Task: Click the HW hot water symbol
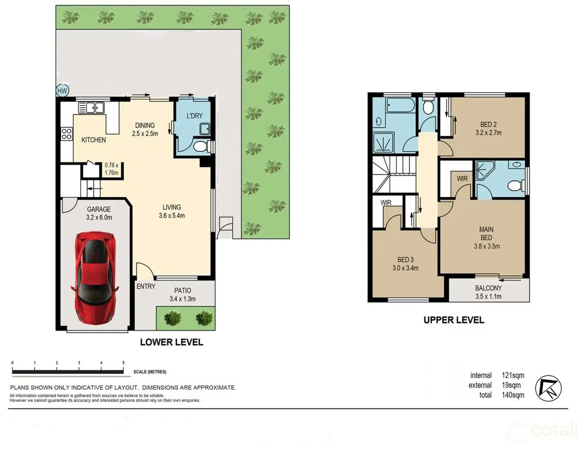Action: click(63, 91)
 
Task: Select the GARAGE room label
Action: click(99, 209)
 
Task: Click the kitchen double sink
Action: click(91, 108)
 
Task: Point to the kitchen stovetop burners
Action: click(66, 134)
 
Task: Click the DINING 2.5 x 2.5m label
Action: click(145, 130)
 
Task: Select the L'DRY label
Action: click(194, 116)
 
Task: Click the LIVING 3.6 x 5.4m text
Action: click(172, 211)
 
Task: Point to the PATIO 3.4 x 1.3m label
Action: click(182, 295)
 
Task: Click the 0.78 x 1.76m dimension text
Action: click(111, 169)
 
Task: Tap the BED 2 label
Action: click(488, 124)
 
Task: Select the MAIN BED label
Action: click(486, 233)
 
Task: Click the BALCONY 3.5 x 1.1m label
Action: click(488, 292)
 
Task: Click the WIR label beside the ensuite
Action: click(462, 179)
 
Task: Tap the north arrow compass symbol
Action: click(548, 388)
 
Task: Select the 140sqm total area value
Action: click(513, 395)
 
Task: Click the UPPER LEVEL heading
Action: click(454, 320)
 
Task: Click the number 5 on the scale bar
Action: click(123, 363)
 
